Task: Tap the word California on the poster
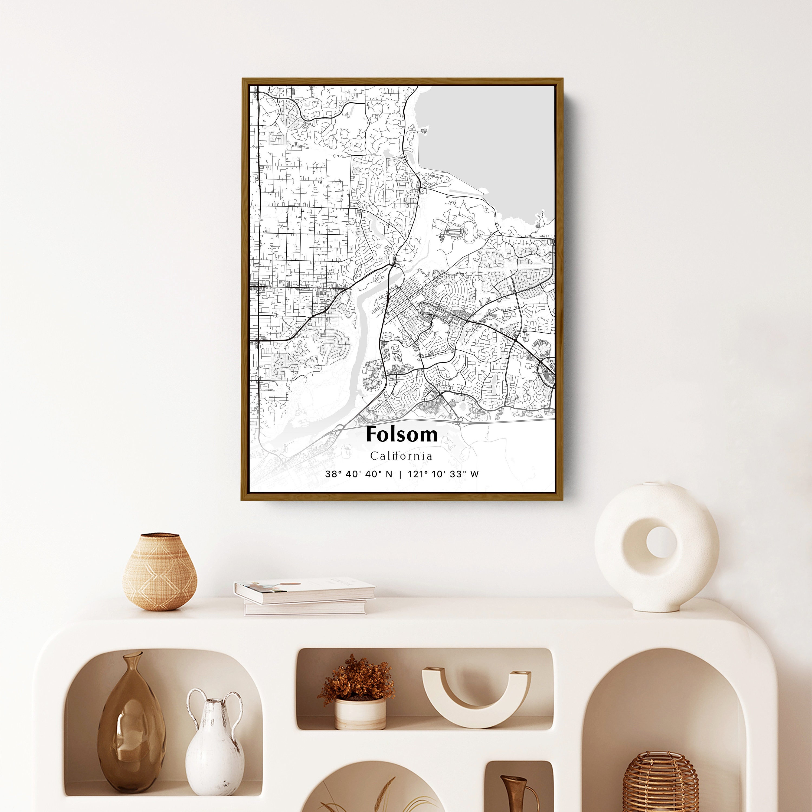[x=401, y=456]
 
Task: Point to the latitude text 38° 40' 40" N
[x=359, y=474]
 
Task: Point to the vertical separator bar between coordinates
[x=400, y=474]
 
